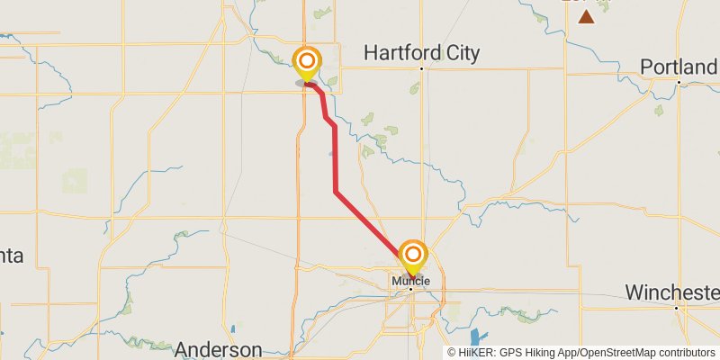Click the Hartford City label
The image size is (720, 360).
[x=421, y=53]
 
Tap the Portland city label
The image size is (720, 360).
[x=679, y=67]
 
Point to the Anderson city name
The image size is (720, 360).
[x=219, y=349]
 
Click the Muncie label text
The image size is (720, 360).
[x=411, y=281]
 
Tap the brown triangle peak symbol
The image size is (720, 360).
[x=587, y=16]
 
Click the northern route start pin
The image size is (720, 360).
[x=307, y=62]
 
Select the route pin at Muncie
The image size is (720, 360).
[x=413, y=255]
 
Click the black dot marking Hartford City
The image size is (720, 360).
[x=421, y=68]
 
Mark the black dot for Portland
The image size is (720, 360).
[x=679, y=82]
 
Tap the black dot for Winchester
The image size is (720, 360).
[x=676, y=308]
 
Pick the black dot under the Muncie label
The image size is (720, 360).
[x=411, y=289]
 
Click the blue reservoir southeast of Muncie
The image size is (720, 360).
[x=476, y=339]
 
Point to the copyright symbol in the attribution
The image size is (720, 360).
[x=453, y=353]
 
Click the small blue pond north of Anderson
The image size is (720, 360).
[x=233, y=329]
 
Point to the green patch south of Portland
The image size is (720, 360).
[x=659, y=110]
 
